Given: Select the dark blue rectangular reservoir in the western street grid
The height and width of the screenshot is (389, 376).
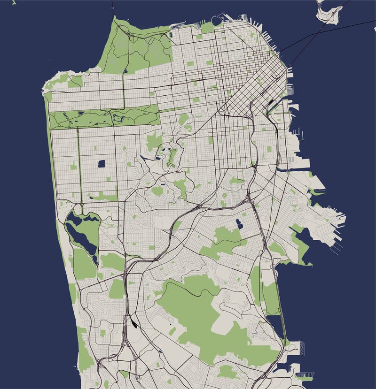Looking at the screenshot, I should pyautogui.click(x=101, y=164).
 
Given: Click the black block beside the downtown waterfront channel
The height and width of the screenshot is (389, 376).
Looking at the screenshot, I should pyautogui.click(x=272, y=105).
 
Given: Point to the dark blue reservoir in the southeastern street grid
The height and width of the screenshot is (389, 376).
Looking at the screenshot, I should pyautogui.click(x=240, y=224).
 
